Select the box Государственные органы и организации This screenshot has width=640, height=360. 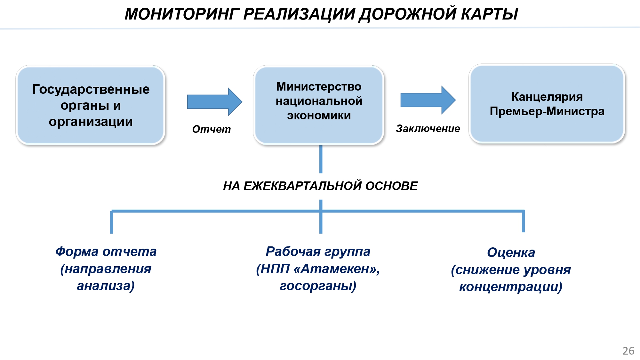click(x=91, y=105)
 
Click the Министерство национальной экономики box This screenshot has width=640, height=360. click(x=319, y=105)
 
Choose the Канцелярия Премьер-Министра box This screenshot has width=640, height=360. click(x=547, y=104)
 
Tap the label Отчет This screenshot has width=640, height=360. click(x=211, y=129)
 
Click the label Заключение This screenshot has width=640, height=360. click(x=428, y=128)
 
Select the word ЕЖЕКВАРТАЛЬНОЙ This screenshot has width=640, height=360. click(x=302, y=186)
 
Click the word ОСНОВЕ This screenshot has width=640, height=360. click(x=391, y=186)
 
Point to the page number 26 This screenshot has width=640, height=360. click(x=628, y=351)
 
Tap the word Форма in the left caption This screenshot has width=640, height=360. click(x=77, y=252)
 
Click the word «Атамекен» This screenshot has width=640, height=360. click(x=336, y=269)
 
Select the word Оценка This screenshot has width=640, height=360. click(x=511, y=252)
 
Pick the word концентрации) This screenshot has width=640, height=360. click(x=511, y=287)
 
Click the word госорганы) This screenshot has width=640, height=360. click(x=318, y=286)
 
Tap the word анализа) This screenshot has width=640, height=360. click(x=106, y=286)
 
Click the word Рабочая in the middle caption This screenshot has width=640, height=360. click(x=293, y=252)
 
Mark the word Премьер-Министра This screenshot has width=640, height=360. click(x=547, y=111)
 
